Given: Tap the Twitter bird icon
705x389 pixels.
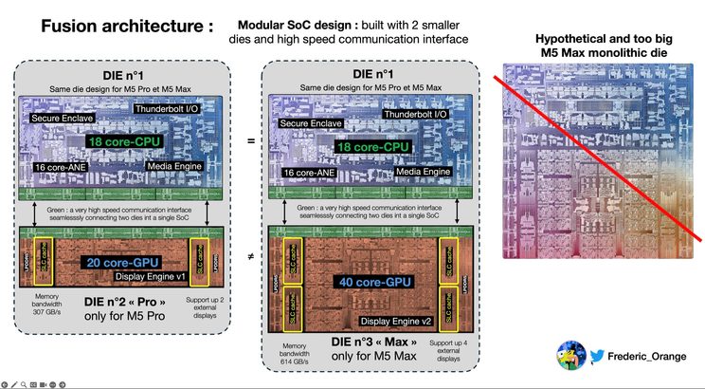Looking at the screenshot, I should pyautogui.click(x=597, y=356).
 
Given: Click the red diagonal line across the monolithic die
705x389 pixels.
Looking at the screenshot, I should pyautogui.click(x=597, y=152).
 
